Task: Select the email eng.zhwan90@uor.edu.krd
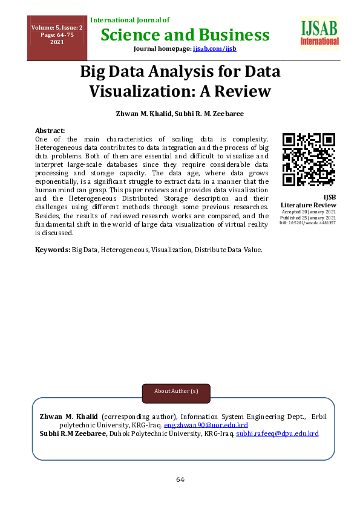pyautogui.click(x=206, y=425)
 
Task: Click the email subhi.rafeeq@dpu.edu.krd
pyautogui.click(x=277, y=433)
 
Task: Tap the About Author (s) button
pyautogui.click(x=176, y=391)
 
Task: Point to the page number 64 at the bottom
pyautogui.click(x=180, y=479)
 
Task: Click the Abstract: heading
pyautogui.click(x=50, y=131)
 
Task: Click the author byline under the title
pyautogui.click(x=180, y=113)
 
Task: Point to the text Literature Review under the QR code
pyautogui.click(x=309, y=205)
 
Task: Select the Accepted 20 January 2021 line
pyautogui.click(x=309, y=212)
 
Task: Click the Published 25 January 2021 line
pyautogui.click(x=309, y=218)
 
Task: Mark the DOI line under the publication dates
pyautogui.click(x=307, y=223)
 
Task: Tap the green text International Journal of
pyautogui.click(x=129, y=20)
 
